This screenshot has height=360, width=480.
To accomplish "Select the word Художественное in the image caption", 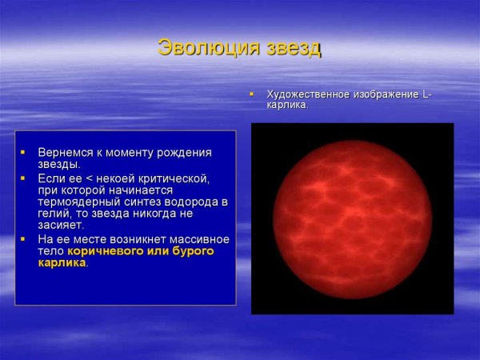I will pyautogui.click(x=307, y=94).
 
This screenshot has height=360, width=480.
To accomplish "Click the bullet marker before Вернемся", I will pyautogui.click(x=23, y=152).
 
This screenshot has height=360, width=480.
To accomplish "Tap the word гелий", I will pyautogui.click(x=54, y=214).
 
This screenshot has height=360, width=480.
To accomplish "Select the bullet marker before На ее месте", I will pyautogui.click(x=23, y=239).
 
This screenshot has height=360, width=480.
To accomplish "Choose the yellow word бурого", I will pyautogui.click(x=193, y=251).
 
